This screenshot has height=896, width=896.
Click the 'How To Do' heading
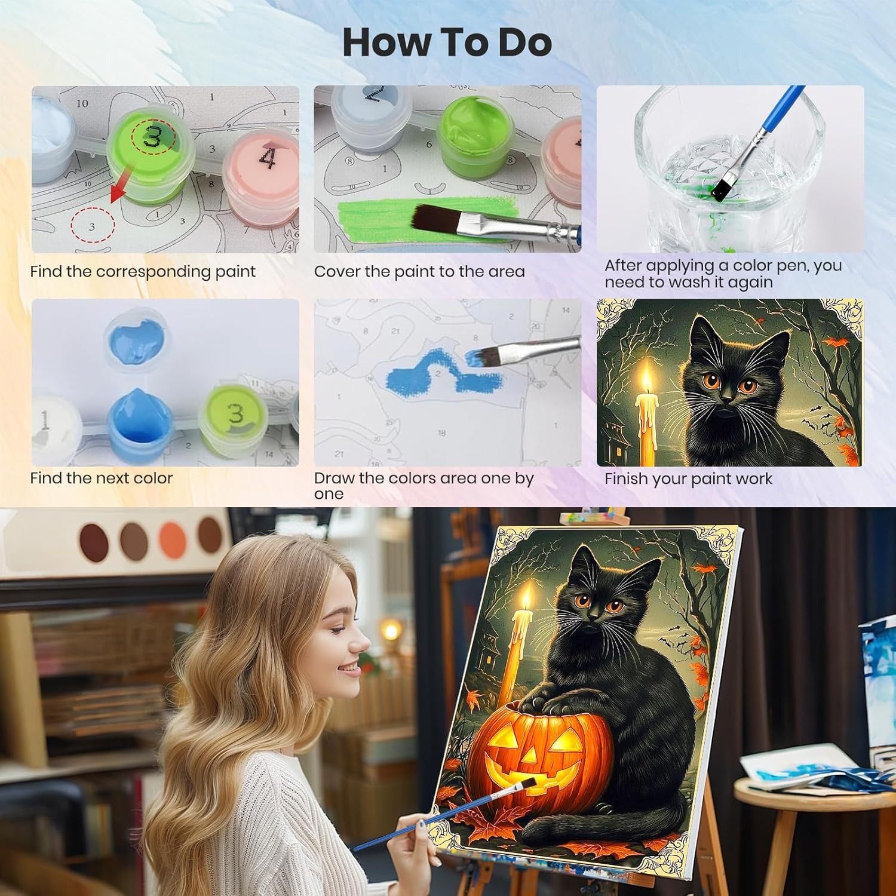[x=447, y=42]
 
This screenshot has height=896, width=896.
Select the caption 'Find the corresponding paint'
[x=143, y=272]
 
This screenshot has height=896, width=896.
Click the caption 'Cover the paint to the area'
[x=419, y=272]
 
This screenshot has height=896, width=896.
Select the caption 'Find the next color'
[x=102, y=478]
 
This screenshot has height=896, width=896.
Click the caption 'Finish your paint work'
[x=688, y=479]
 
